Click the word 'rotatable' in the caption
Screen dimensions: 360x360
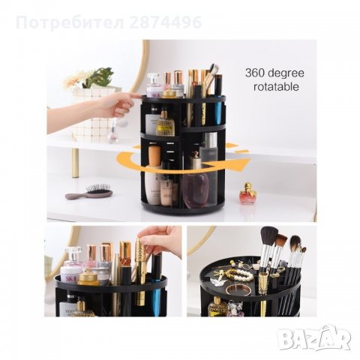[x=276, y=87]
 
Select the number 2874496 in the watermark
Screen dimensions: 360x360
[x=166, y=22]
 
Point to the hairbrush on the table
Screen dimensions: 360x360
[x=89, y=192]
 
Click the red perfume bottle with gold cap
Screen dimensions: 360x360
[x=247, y=193]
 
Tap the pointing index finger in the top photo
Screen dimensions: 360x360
[x=133, y=96]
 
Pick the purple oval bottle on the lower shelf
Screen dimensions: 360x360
[x=195, y=190]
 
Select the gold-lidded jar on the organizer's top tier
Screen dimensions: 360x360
[x=169, y=93]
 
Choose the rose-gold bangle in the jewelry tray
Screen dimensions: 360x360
[x=237, y=290]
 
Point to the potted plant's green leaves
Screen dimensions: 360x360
[x=100, y=76]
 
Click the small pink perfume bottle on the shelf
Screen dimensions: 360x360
[x=113, y=135]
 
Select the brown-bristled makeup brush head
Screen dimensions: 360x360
[x=281, y=241]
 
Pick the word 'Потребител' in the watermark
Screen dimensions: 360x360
[x=70, y=22]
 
